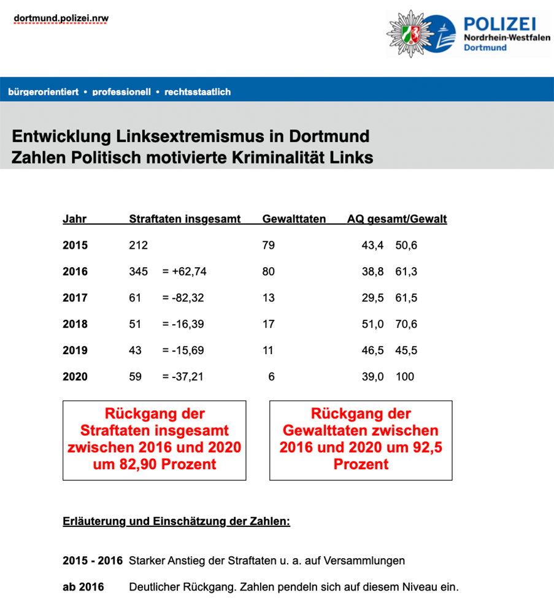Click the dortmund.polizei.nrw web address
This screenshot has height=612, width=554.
tap(61, 18)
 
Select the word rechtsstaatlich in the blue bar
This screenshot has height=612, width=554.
tap(198, 92)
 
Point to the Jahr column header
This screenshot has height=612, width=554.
tap(75, 219)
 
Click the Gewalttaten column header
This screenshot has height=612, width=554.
tap(294, 219)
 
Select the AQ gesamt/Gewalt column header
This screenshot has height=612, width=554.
tap(397, 219)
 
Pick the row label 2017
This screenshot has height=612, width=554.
tap(75, 298)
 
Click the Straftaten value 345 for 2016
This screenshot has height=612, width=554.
tap(139, 271)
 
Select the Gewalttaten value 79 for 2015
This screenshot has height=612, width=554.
tap(268, 246)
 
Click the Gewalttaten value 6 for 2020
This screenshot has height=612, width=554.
tap(271, 377)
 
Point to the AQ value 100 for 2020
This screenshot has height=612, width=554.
tap(405, 377)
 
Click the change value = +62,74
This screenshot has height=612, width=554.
tap(184, 271)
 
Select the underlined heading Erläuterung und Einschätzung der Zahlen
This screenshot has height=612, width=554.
tap(176, 522)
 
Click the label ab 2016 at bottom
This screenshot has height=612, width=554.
tap(83, 587)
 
